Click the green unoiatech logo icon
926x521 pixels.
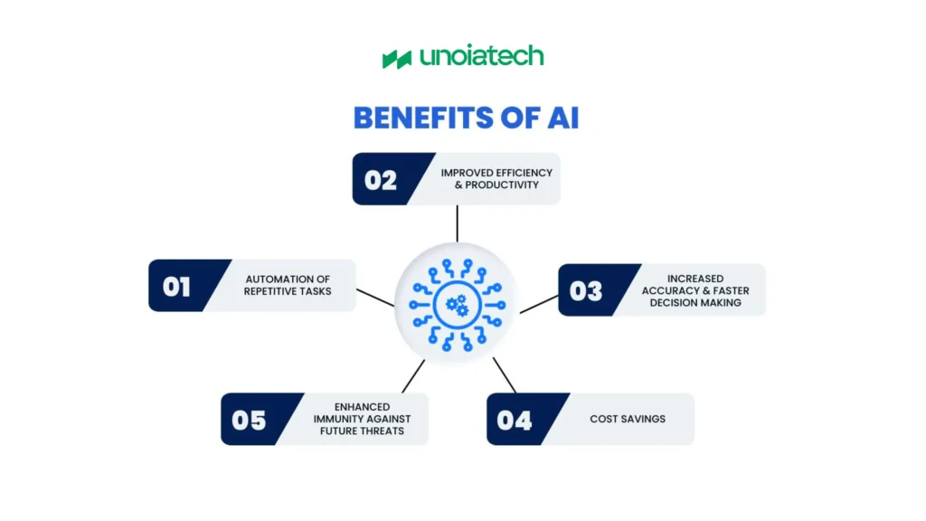[397, 59]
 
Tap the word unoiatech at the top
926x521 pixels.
[481, 57]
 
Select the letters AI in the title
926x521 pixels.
[560, 119]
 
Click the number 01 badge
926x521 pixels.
[177, 287]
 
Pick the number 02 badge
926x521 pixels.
[381, 180]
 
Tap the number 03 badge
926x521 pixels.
[586, 290]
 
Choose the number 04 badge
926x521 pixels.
[515, 420]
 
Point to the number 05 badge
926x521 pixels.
[249, 420]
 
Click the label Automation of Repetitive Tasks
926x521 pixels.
[288, 286]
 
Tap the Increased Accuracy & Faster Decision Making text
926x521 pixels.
[694, 290]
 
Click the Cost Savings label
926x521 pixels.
[627, 419]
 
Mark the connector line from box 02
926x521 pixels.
[458, 223]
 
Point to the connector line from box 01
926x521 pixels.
[375, 297]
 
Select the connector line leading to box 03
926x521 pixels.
[539, 303]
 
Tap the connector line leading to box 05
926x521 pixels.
[413, 375]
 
